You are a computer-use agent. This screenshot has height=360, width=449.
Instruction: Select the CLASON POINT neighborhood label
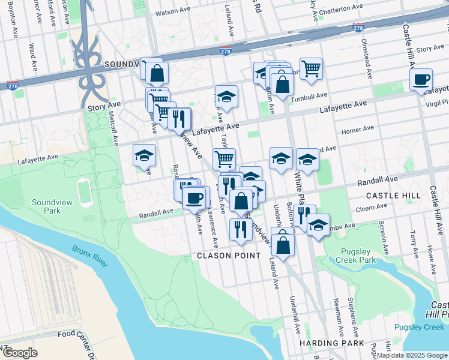click(x=229, y=256)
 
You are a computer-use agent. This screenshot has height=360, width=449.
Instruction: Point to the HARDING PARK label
click(x=331, y=343)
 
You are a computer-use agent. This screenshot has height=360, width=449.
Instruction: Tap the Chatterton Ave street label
click(x=341, y=8)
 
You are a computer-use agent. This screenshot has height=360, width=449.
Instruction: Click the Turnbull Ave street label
click(x=309, y=95)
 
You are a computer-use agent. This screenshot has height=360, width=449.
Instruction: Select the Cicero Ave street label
click(x=372, y=208)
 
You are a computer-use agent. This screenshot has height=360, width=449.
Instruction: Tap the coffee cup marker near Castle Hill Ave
click(x=421, y=79)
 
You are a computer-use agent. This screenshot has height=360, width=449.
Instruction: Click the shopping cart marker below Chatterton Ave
click(x=311, y=69)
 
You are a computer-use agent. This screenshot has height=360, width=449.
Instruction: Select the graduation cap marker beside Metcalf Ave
click(x=144, y=155)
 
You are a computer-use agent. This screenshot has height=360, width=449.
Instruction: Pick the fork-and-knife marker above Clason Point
click(x=238, y=230)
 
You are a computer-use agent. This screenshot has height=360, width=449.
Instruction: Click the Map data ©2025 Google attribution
click(x=411, y=355)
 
